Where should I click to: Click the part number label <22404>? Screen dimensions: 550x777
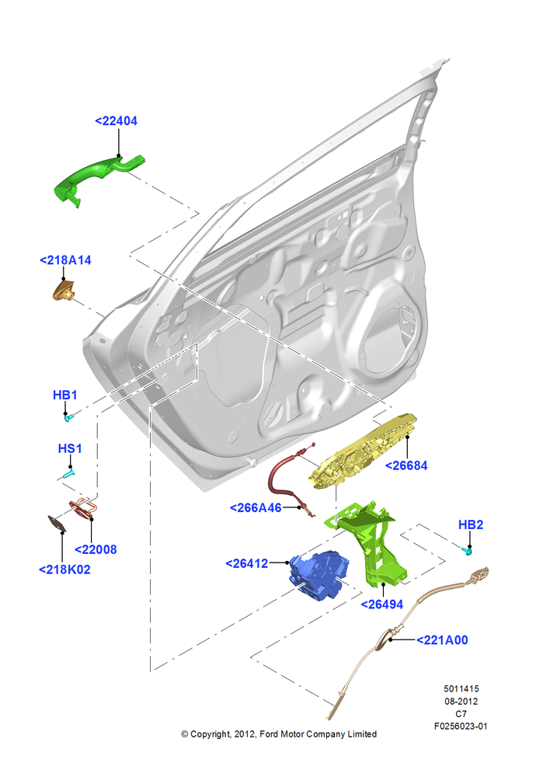(116, 121)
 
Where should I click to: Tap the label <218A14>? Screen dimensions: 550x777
(65, 260)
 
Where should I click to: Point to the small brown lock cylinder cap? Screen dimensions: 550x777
(64, 291)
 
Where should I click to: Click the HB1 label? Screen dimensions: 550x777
(65, 395)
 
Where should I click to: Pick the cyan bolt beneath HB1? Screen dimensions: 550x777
(69, 418)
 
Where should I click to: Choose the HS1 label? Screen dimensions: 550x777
(70, 448)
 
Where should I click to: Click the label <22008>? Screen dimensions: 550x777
(96, 549)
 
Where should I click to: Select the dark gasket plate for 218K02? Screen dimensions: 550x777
(57, 524)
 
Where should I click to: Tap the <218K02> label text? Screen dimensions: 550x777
(65, 570)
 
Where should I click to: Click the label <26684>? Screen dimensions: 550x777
(406, 465)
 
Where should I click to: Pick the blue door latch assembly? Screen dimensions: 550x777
(319, 574)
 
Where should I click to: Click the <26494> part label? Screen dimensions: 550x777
(382, 605)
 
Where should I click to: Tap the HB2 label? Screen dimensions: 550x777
(471, 524)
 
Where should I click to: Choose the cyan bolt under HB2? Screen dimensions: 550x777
(467, 550)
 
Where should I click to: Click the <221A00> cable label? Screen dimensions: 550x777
(442, 640)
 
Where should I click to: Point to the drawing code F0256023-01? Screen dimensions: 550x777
(461, 726)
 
